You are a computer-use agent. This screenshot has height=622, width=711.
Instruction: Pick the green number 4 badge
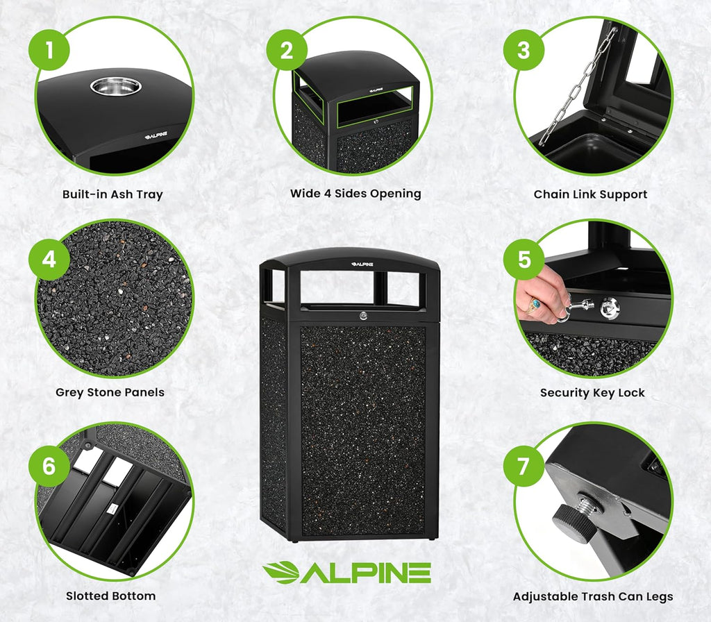click(49, 260)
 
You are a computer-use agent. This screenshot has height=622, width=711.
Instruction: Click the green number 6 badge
click(49, 465)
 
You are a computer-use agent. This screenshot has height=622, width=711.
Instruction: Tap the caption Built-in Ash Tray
click(112, 194)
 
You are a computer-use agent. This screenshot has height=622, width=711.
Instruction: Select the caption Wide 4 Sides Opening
click(355, 194)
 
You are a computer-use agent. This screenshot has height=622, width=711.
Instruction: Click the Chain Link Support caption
click(590, 194)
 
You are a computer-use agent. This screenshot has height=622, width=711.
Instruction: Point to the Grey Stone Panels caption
click(110, 392)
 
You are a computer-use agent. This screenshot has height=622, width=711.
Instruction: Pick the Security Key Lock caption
click(592, 393)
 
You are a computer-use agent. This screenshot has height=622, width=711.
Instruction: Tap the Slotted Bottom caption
click(110, 596)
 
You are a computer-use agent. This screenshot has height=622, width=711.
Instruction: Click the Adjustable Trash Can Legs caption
click(592, 596)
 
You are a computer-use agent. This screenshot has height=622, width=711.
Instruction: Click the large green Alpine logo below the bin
click(346, 572)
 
